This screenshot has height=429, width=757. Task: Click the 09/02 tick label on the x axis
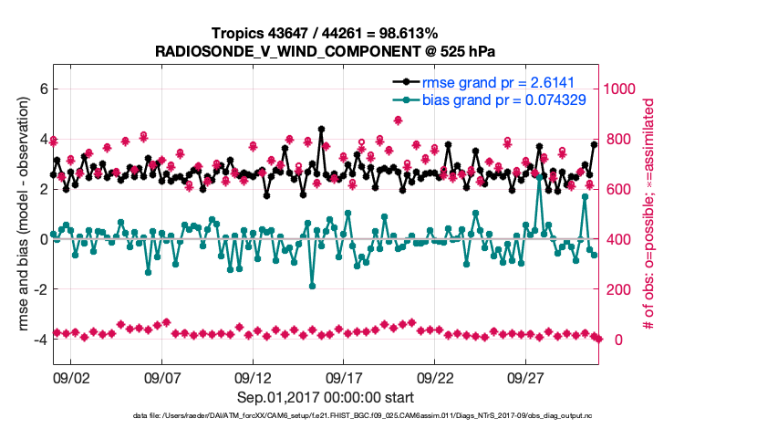71,377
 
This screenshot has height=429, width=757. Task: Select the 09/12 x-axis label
254,377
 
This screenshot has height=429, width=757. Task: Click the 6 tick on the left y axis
42,89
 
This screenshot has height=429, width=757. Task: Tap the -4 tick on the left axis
40,340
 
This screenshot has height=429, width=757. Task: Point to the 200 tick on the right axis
617,289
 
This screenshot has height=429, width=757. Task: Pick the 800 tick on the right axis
617,140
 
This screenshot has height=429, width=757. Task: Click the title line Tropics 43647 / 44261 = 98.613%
324,34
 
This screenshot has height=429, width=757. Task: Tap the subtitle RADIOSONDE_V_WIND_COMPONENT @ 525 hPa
326,51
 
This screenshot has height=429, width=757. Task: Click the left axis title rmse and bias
19,215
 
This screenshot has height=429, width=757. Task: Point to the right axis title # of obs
650,215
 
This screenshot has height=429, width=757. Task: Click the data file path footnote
326,416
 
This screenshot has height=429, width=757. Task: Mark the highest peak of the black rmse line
321,130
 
